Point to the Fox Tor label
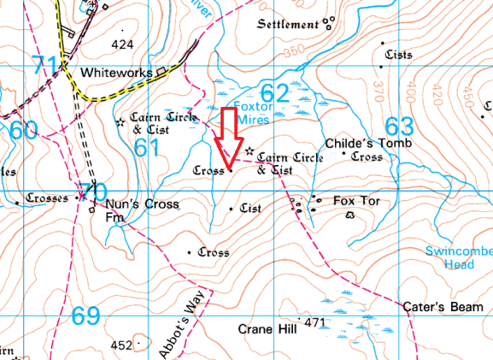coord(355,201)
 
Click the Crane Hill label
coord(267,329)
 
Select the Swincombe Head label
coord(459,257)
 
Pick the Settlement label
coord(287,24)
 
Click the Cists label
coord(398,55)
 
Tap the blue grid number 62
coord(273,91)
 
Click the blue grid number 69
coord(85,316)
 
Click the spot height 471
coord(316,322)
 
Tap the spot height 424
coord(123,44)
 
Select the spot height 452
coord(123,345)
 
